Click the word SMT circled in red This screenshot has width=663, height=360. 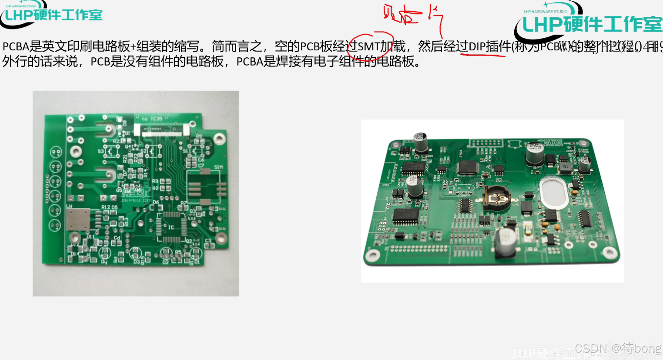[x=369, y=47]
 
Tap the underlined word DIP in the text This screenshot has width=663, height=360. [x=477, y=47]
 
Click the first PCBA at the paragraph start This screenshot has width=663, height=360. [x=16, y=46]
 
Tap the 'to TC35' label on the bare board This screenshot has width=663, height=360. [x=152, y=119]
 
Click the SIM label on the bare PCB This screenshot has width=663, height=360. [x=219, y=167]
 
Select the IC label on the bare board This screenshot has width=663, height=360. [x=171, y=227]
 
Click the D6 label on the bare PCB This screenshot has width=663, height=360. [x=156, y=202]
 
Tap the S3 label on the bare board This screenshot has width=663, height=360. [x=101, y=151]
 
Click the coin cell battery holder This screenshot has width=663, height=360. [x=496, y=199]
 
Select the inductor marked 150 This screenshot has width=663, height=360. [x=565, y=167]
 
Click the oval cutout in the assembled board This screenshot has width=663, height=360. [x=554, y=193]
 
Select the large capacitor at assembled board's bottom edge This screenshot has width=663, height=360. [x=507, y=242]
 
